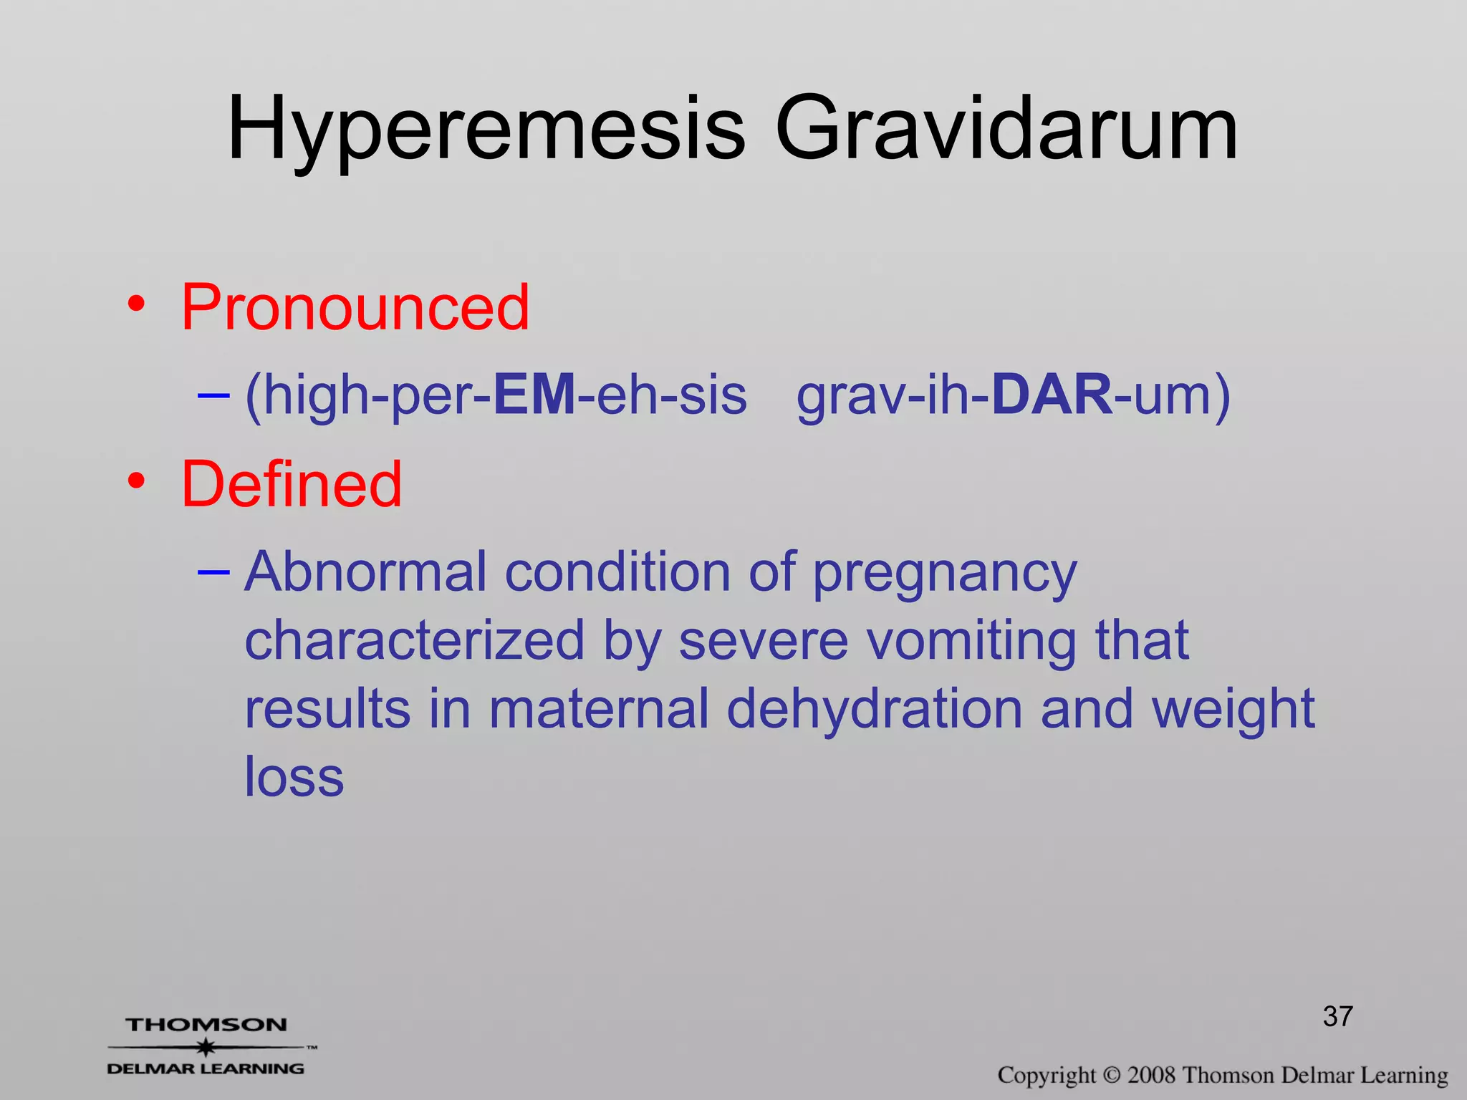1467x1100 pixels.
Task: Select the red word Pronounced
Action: tap(355, 307)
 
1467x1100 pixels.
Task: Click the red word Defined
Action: tap(292, 485)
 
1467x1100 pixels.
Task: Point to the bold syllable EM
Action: tap(534, 395)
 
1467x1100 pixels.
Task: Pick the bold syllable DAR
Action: tap(1052, 395)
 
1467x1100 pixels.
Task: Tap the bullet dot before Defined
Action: tap(136, 482)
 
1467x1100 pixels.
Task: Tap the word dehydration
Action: tap(875, 709)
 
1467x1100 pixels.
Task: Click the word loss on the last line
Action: tap(294, 776)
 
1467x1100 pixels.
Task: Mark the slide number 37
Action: tap(1337, 1016)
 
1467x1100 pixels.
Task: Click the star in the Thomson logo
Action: tap(206, 1048)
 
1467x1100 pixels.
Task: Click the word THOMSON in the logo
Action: tap(206, 1025)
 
